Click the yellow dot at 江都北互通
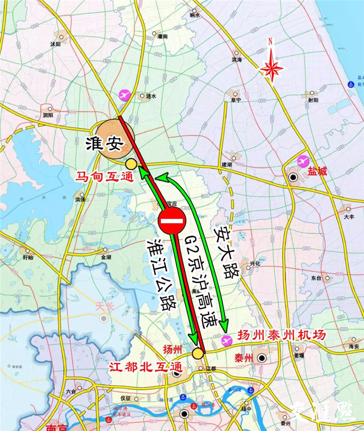[197, 353]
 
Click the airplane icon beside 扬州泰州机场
[226, 340]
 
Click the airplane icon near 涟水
[124, 95]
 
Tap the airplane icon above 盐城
[303, 161]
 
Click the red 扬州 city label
[172, 350]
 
